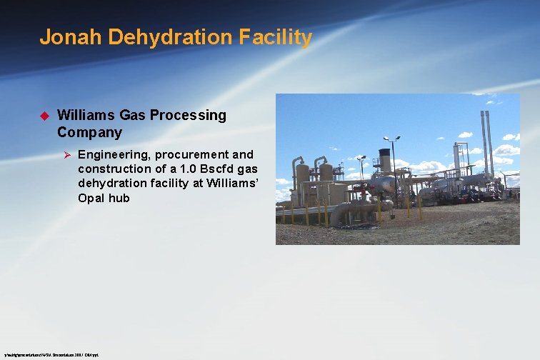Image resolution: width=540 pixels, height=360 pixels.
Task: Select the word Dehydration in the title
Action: click(x=153, y=37)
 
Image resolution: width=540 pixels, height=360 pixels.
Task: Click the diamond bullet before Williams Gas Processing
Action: click(x=43, y=115)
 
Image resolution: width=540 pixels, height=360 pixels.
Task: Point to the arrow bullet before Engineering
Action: click(x=64, y=154)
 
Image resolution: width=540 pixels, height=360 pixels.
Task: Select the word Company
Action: click(x=89, y=132)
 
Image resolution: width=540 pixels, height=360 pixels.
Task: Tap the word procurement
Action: click(x=196, y=154)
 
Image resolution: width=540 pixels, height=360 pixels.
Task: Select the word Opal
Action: click(x=92, y=198)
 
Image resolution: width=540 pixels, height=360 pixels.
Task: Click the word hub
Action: click(x=119, y=198)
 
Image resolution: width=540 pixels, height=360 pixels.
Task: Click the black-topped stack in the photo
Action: click(x=385, y=161)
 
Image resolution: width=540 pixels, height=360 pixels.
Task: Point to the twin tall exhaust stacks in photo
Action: click(x=486, y=139)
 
